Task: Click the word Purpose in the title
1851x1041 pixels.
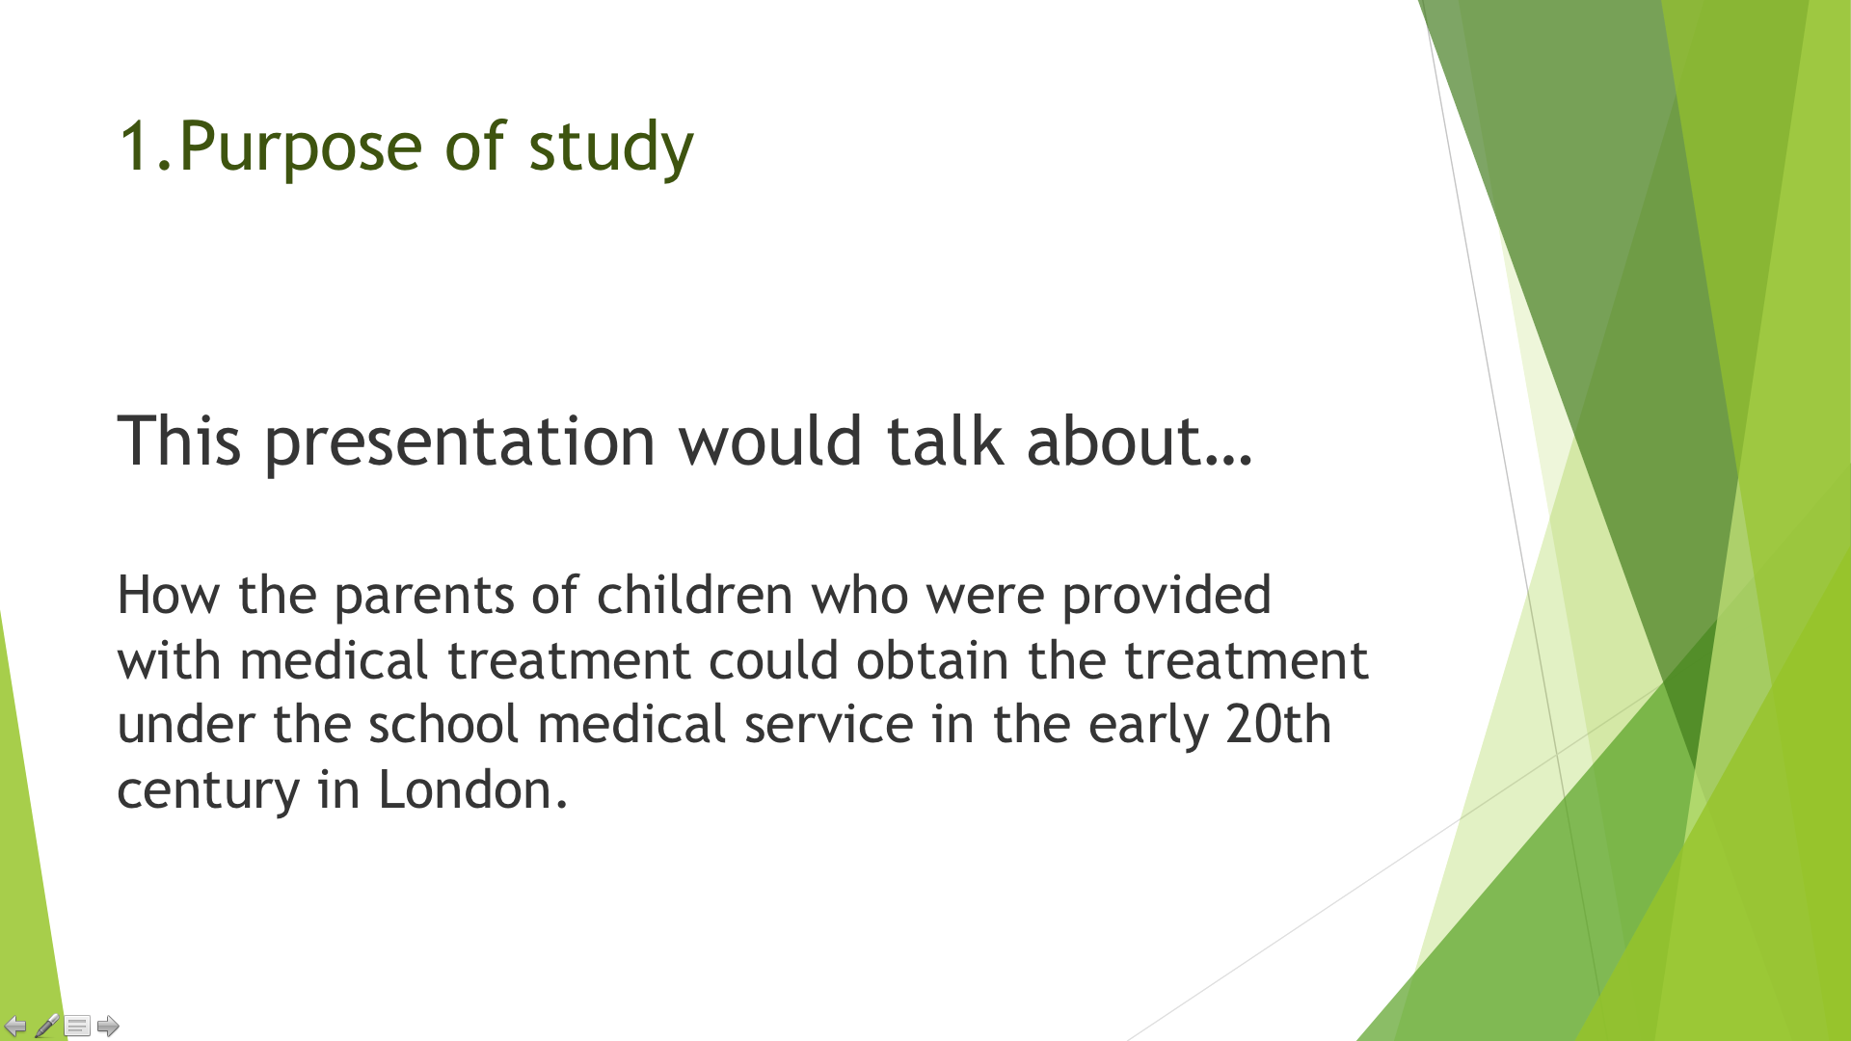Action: coord(301,148)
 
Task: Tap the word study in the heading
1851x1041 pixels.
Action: coord(611,147)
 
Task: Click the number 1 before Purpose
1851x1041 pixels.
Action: coord(134,146)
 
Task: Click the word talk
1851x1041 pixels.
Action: coord(945,440)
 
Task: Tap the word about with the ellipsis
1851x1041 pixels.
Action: coord(1140,440)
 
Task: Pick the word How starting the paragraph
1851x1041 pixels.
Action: coord(169,595)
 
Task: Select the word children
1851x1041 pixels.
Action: coord(694,594)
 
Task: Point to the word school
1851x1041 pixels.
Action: coord(443,724)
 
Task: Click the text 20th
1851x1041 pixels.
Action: coord(1278,724)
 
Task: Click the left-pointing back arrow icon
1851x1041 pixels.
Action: coord(15,1026)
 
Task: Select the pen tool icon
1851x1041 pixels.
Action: coord(46,1026)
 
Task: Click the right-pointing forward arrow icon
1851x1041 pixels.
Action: coord(108,1026)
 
